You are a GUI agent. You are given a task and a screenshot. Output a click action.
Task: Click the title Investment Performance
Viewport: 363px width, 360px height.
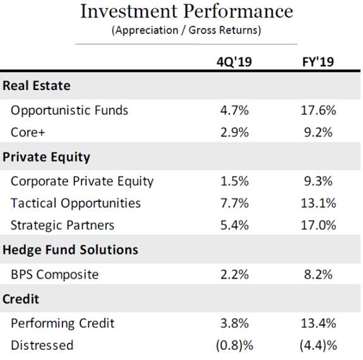coord(187,11)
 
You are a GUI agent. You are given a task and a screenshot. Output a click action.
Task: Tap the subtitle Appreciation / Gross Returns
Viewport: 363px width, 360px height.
coord(186,30)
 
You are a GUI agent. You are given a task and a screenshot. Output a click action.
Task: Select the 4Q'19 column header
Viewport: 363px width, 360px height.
coord(234,62)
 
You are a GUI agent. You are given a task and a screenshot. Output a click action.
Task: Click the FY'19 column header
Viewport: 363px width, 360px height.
coord(318,62)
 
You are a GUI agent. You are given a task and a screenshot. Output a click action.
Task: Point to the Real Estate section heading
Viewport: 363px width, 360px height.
coord(37,86)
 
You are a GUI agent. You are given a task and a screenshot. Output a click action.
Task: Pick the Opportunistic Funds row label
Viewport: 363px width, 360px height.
coord(69,110)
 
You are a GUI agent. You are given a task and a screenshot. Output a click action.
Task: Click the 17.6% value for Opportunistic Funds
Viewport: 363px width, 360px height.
coord(318,110)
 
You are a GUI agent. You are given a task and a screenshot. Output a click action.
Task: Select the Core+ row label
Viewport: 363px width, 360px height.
coord(28,132)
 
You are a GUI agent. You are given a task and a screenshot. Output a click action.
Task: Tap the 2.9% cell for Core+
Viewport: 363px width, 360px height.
coord(234,132)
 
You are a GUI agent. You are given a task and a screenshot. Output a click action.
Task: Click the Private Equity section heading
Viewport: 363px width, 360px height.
coord(46,157)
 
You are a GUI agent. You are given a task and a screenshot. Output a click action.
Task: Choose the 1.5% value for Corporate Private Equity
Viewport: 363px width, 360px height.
coord(234,181)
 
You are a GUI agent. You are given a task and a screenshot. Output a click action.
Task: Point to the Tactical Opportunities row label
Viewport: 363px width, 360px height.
coord(76,204)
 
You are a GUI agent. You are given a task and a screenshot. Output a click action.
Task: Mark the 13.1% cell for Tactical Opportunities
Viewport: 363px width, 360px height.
coord(318,203)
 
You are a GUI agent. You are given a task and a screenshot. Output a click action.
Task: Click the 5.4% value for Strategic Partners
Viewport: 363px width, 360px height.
coord(234,225)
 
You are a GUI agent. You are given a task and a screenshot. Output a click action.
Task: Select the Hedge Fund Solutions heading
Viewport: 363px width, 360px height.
coord(70,250)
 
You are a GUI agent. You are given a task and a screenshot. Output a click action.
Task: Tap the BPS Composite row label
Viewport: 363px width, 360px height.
coord(55,275)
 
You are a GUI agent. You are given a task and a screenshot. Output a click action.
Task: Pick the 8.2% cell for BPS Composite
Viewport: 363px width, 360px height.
coord(318,275)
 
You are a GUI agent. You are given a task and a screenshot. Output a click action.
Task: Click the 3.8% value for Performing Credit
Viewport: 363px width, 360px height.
coord(234,323)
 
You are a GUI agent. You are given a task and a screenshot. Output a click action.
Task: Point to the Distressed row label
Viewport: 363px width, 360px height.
coord(42,345)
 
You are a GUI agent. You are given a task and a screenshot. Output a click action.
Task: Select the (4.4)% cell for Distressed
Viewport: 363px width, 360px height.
coord(318,345)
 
